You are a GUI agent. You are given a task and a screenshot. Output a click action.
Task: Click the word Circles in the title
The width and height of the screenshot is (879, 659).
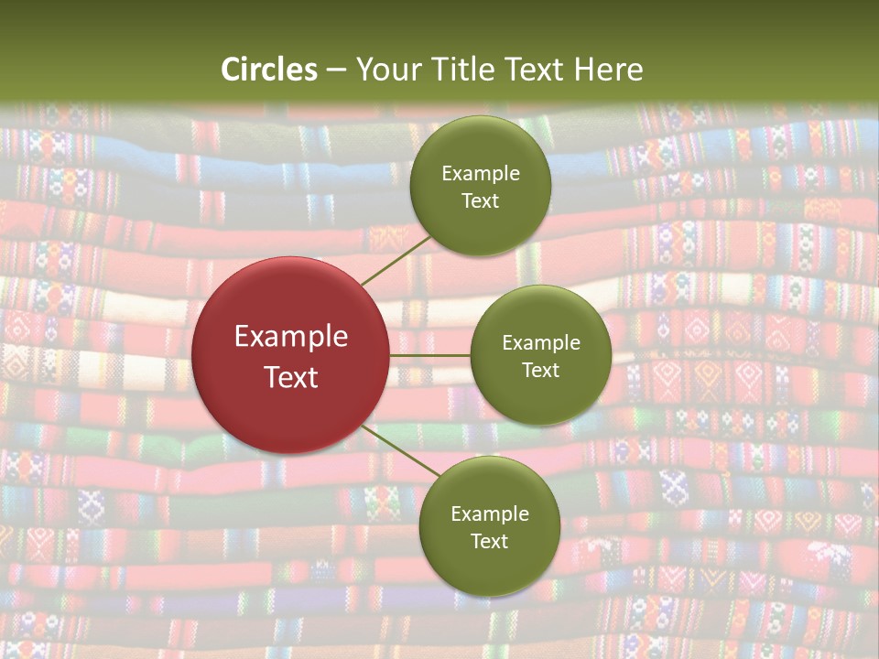pyautogui.click(x=269, y=70)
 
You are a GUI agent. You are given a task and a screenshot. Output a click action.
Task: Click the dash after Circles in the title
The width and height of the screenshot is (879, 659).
pyautogui.click(x=336, y=70)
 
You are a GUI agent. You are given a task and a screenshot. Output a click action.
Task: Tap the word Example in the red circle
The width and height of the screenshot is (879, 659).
pyautogui.click(x=291, y=337)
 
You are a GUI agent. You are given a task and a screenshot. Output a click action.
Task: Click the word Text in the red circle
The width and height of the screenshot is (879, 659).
pyautogui.click(x=291, y=377)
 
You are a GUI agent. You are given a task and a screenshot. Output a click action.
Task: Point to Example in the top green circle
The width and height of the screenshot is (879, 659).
pyautogui.click(x=481, y=174)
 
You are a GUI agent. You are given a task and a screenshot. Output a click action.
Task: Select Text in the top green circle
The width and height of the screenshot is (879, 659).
pyautogui.click(x=481, y=201)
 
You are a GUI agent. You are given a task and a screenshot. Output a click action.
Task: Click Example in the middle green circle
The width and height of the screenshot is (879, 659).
pyautogui.click(x=541, y=343)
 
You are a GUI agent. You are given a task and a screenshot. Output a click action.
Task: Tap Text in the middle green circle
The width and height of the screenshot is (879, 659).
pyautogui.click(x=541, y=371)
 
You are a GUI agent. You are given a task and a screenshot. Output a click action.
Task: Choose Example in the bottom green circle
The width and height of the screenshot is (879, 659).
pyautogui.click(x=490, y=514)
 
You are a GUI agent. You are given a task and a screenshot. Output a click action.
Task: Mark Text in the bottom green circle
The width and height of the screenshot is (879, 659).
pyautogui.click(x=490, y=542)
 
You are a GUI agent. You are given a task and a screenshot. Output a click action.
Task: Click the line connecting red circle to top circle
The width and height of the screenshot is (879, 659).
pyautogui.click(x=396, y=261)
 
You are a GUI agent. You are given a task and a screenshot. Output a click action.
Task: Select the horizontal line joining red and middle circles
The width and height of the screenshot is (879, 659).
pyautogui.click(x=430, y=355)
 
